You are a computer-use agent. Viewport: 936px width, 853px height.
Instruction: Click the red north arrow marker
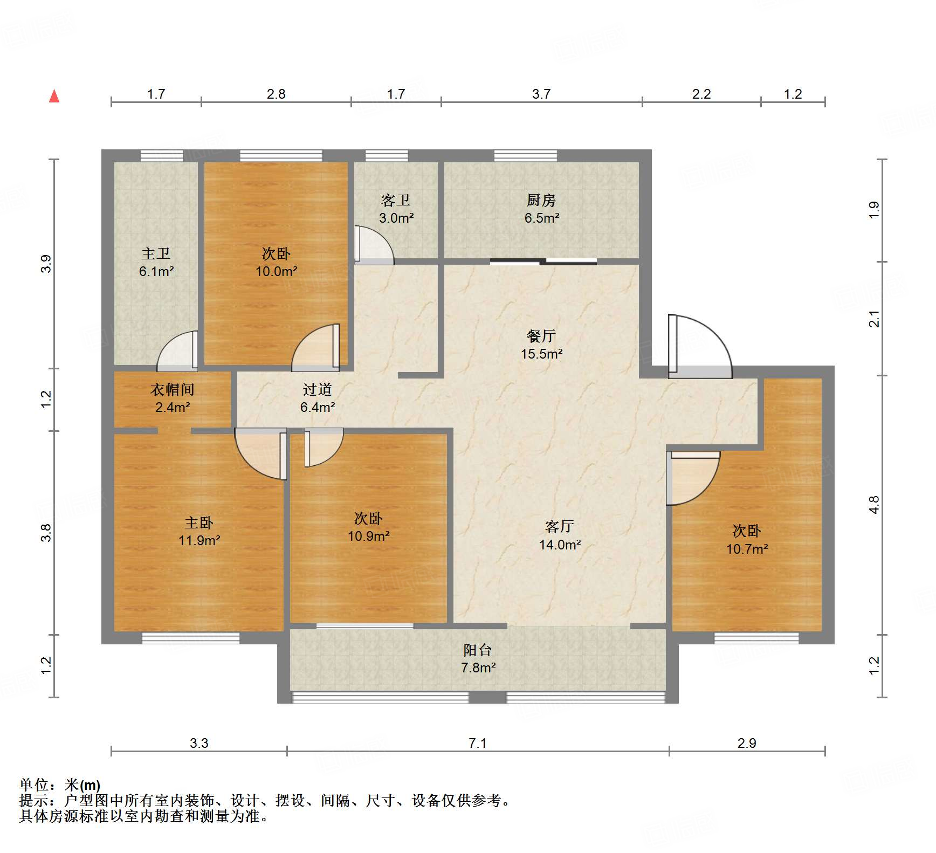click(54, 97)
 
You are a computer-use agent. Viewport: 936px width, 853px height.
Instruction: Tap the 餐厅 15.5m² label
click(541, 345)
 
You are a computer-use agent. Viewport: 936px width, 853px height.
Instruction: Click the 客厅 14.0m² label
click(560, 535)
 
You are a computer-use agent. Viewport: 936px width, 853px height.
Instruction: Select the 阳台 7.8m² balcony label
click(478, 658)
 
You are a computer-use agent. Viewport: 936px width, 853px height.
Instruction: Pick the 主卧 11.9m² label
click(199, 531)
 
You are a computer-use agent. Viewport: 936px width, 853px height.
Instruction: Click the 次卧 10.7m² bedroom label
click(747, 539)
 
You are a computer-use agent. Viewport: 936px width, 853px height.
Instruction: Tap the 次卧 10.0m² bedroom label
click(276, 262)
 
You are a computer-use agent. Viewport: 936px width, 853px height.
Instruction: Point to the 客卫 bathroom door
click(373, 245)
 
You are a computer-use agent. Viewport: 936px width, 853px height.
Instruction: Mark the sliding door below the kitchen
click(543, 262)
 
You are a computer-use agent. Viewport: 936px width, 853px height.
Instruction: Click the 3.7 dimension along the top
click(541, 94)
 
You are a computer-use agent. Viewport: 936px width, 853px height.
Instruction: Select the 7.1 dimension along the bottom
click(477, 743)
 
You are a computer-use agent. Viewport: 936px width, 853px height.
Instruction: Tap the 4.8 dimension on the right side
click(874, 505)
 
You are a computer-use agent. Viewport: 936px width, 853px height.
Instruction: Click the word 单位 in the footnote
click(35, 785)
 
